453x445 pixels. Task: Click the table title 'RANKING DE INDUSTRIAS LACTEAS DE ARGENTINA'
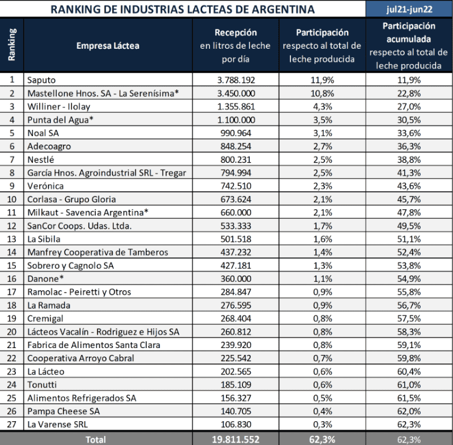click(x=182, y=9)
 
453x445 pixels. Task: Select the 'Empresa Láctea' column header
click(x=108, y=46)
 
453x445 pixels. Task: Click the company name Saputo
click(x=42, y=80)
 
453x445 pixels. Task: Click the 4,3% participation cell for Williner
click(x=322, y=106)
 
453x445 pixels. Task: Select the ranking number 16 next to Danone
click(x=12, y=278)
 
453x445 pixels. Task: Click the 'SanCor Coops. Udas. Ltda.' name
click(x=79, y=226)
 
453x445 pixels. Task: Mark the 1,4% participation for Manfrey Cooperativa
click(x=322, y=252)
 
